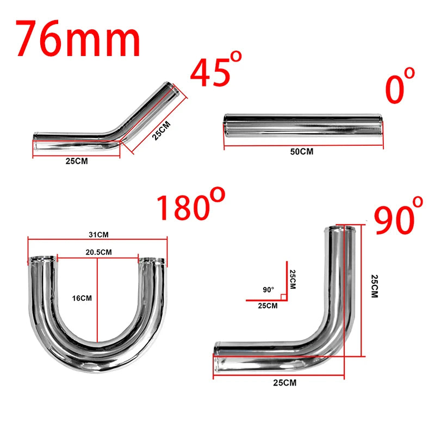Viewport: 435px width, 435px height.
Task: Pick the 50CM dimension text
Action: (x=301, y=152)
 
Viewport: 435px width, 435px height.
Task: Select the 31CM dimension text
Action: (x=99, y=234)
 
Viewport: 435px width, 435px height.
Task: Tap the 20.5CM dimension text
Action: (x=98, y=252)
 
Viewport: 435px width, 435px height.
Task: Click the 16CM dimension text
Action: (x=83, y=298)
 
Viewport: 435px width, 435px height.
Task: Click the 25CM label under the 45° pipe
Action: (x=76, y=161)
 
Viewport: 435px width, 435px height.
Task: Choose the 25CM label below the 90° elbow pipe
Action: (x=285, y=383)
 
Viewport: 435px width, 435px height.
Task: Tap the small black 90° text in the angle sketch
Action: (x=268, y=290)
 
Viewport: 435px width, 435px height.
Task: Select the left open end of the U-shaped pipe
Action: (x=41, y=259)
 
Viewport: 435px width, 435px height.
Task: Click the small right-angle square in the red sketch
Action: (x=283, y=297)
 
